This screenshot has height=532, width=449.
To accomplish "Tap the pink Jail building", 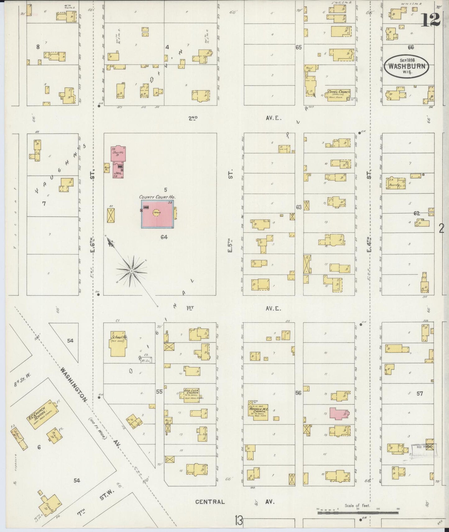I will coord(118,170).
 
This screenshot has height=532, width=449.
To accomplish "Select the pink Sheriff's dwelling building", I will coord(118,153).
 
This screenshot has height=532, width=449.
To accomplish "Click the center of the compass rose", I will coord(132,271).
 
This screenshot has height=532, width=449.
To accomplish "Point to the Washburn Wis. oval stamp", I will coord(407,66).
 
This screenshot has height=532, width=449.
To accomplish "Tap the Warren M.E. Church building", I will coord(258,412).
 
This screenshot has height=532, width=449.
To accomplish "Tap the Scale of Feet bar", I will coord(357,512).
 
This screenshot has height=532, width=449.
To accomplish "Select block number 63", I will coord(299,207).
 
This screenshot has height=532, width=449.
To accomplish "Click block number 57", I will coord(420,394).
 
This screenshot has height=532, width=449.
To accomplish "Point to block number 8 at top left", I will coord(38,47).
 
